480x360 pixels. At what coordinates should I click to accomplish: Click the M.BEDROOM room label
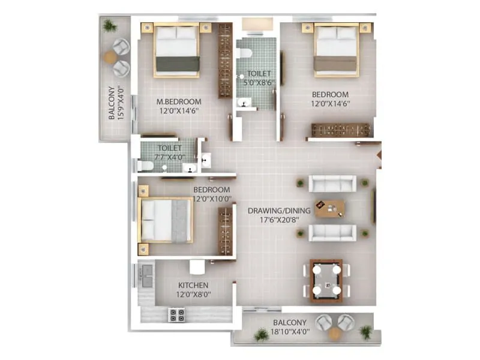point(174,101)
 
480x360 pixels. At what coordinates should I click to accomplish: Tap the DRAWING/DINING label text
point(279,210)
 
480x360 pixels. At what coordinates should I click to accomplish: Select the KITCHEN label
point(193,285)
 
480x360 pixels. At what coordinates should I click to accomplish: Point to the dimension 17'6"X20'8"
point(279,220)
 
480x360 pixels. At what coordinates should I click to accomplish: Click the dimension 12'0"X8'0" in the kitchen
point(193,295)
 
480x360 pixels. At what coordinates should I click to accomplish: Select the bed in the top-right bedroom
point(337,50)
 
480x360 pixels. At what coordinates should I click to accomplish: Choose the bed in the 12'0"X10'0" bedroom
point(166,220)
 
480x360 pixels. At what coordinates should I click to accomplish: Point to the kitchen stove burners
point(177,314)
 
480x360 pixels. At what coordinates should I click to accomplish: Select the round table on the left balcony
point(111,57)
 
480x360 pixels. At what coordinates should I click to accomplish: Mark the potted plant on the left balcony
point(109,25)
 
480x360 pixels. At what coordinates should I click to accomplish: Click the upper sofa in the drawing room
point(332,183)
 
